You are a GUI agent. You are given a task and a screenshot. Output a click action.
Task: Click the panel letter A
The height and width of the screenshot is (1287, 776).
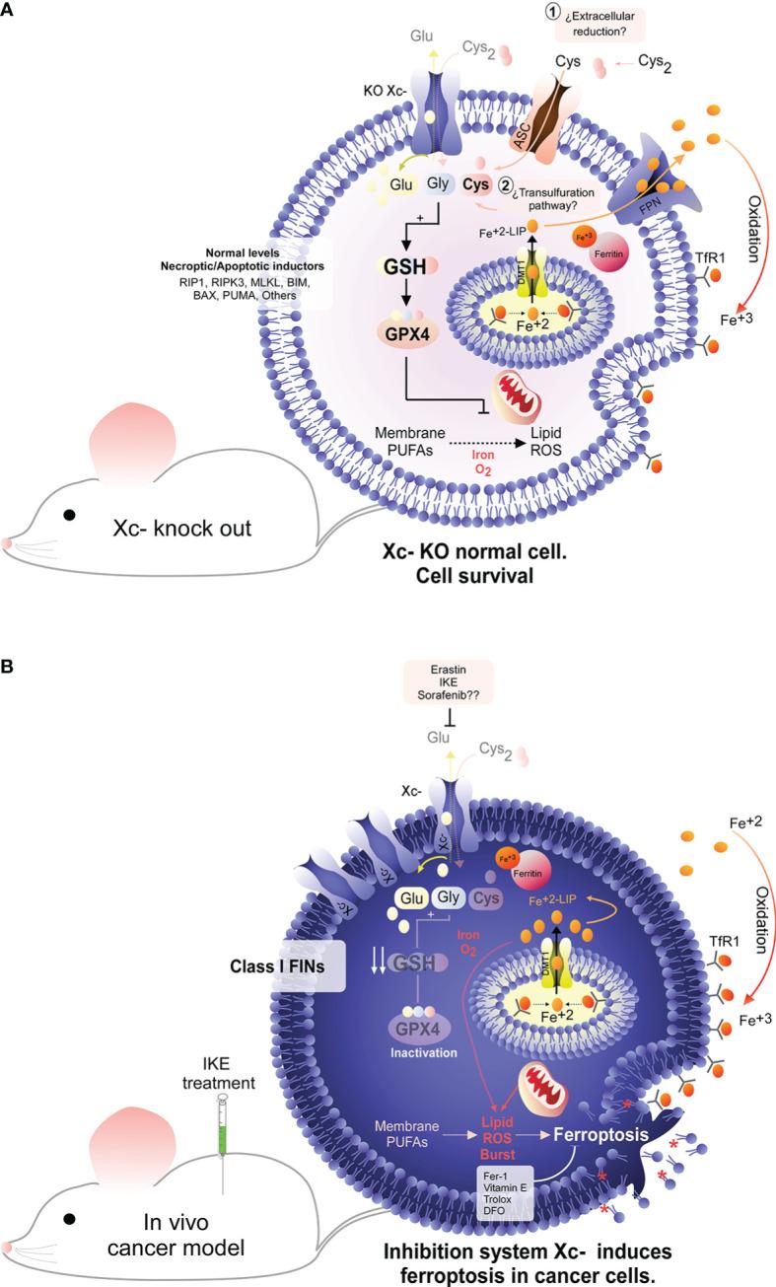(9, 9)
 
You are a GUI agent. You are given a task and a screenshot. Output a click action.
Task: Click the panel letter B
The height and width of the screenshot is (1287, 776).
(9, 668)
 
